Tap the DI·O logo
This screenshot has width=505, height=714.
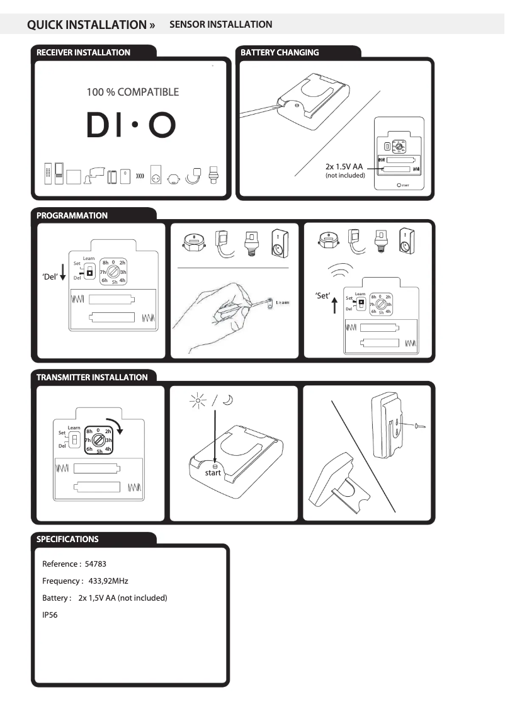(131, 125)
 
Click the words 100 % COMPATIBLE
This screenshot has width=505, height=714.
(132, 92)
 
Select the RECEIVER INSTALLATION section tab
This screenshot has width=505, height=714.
(83, 53)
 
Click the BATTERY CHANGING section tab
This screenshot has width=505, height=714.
(280, 53)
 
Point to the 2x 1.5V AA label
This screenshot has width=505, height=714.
(344, 167)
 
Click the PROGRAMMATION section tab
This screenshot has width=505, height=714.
(72, 215)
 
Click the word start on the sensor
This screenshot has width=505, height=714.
(213, 473)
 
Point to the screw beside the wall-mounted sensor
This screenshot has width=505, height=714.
(417, 426)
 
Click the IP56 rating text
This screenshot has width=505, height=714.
(50, 615)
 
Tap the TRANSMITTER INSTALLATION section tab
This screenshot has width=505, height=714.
(92, 377)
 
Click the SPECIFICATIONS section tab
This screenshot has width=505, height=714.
(67, 539)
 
